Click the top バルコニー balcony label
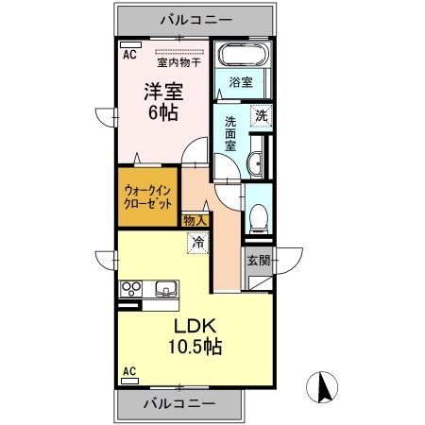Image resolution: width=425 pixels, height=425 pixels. (x=186, y=18)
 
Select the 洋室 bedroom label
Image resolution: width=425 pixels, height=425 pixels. (x=162, y=92)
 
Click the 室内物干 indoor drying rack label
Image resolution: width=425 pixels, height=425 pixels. (x=178, y=64)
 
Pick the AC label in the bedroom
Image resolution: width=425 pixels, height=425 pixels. (x=128, y=54)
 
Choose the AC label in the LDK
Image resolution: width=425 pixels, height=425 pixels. (x=129, y=371)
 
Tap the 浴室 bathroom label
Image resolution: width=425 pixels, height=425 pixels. (x=241, y=82)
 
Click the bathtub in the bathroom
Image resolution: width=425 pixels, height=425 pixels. (x=242, y=58)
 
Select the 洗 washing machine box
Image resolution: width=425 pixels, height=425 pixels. (x=259, y=118)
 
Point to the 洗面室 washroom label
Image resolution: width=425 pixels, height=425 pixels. (x=229, y=136)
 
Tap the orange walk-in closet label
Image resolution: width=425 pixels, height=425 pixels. (x=148, y=195)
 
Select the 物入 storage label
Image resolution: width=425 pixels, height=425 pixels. (x=195, y=221)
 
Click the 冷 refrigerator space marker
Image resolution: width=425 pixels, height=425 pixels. (x=198, y=243)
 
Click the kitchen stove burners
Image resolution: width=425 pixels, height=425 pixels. (x=130, y=289)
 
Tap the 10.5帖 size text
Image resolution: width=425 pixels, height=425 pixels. (x=195, y=347)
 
